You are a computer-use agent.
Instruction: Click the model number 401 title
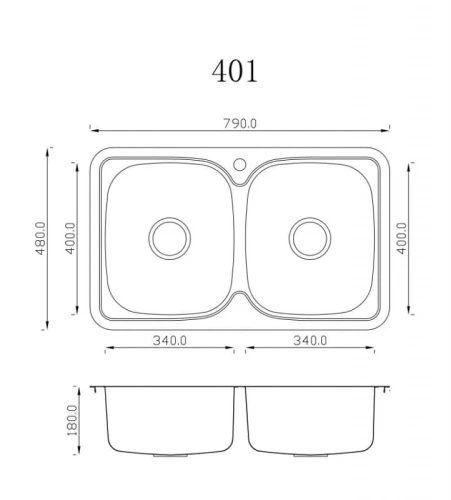point(235,71)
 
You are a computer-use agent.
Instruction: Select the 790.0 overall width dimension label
point(240,124)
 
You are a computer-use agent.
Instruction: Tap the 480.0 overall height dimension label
point(41,238)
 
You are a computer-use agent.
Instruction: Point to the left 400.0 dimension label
point(70,238)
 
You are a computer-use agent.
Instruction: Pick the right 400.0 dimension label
point(402,238)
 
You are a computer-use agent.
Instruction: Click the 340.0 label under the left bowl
point(170,340)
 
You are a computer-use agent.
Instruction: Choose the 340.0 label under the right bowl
point(310,340)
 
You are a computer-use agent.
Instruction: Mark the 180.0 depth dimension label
point(72,420)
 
